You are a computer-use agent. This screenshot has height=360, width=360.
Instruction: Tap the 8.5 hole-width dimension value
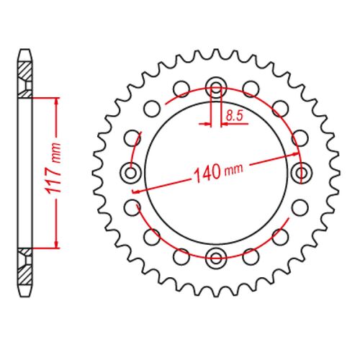(x=233, y=114)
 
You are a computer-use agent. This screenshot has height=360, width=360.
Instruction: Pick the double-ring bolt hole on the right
(x=300, y=172)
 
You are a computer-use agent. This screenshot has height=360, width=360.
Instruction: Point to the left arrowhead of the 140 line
(x=137, y=189)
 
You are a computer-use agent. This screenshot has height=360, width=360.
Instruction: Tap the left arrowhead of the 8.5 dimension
(x=207, y=123)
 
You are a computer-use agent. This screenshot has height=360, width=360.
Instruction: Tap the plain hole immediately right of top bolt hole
(x=250, y=89)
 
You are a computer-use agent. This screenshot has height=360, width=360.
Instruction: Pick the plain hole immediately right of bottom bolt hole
(x=250, y=255)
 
